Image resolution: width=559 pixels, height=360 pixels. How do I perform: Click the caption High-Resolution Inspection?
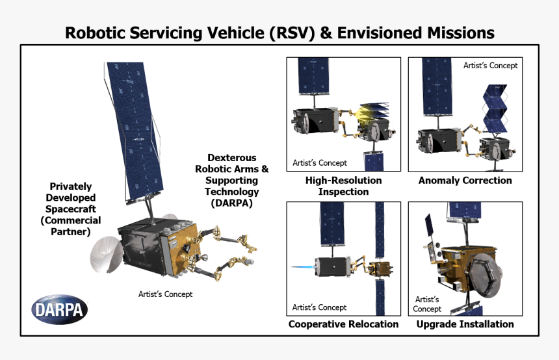click(343, 186)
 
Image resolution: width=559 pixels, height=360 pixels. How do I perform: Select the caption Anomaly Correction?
click(465, 181)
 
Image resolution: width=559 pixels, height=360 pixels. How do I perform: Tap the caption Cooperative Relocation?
click(343, 324)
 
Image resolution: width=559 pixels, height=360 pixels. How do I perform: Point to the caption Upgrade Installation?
click(465, 324)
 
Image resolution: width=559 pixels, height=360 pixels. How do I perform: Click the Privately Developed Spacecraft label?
click(71, 209)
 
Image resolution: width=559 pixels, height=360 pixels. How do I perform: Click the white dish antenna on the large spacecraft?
click(103, 253)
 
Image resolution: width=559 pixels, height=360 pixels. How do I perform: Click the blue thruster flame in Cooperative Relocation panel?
click(302, 267)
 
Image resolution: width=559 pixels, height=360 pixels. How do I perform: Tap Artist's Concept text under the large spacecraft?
click(165, 294)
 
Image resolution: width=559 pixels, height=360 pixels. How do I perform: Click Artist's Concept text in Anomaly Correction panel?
click(490, 66)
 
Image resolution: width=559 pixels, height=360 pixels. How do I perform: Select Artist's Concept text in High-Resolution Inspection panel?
click(320, 162)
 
